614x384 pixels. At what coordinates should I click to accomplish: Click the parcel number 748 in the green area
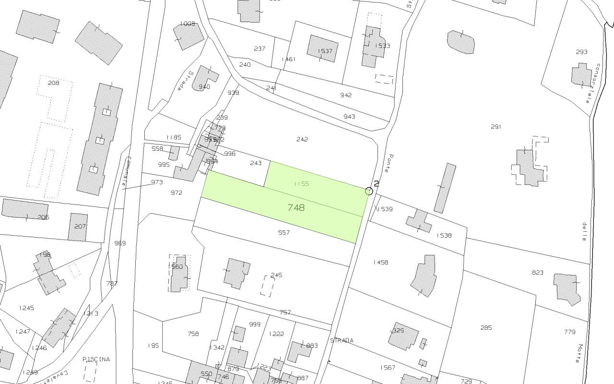pyautogui.click(x=296, y=208)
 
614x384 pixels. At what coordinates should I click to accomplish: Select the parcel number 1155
pyautogui.click(x=301, y=184)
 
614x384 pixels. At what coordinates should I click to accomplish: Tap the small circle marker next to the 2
pyautogui.click(x=369, y=191)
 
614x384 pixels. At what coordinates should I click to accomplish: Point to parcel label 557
pyautogui.click(x=284, y=233)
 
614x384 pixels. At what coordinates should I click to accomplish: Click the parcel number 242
pyautogui.click(x=302, y=139)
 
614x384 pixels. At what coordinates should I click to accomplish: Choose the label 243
pyautogui.click(x=256, y=163)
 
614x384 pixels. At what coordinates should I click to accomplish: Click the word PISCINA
pyautogui.click(x=96, y=359)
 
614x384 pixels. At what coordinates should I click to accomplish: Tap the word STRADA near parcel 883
pyautogui.click(x=342, y=340)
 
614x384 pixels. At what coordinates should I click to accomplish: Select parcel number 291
pyautogui.click(x=496, y=127)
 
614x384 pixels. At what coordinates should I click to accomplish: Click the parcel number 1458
pyautogui.click(x=380, y=263)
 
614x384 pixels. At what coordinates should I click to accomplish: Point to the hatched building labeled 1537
pyautogui.click(x=323, y=48)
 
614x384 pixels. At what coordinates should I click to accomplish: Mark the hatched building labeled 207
pyautogui.click(x=78, y=227)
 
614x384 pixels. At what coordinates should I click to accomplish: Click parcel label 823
pyautogui.click(x=537, y=273)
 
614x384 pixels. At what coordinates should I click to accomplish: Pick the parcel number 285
pyautogui.click(x=486, y=328)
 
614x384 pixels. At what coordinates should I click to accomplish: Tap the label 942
pyautogui.click(x=346, y=95)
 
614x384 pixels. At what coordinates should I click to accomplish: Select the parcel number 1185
pyautogui.click(x=174, y=138)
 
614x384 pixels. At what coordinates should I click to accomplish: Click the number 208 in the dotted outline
pyautogui.click(x=53, y=83)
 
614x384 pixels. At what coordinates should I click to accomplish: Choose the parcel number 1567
pyautogui.click(x=388, y=368)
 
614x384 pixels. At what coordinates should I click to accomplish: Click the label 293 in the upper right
pyautogui.click(x=581, y=52)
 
